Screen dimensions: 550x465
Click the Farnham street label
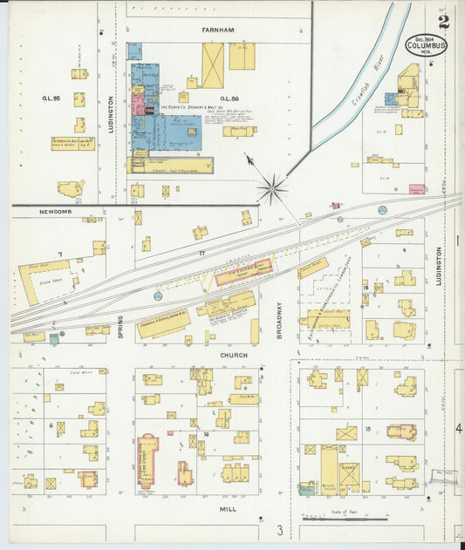point(218,30)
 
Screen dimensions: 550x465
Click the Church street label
point(233,356)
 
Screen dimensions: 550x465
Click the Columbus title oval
point(426,45)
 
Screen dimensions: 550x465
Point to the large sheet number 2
point(444,22)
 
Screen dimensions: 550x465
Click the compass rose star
point(273,187)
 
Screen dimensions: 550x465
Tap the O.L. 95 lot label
point(51,98)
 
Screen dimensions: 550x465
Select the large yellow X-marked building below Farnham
point(213,65)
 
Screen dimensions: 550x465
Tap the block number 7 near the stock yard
point(59,254)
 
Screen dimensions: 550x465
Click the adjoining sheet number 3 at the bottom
point(279,531)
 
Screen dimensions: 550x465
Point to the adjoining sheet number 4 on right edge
point(458,430)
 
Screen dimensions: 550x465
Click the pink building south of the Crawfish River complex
point(415,188)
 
